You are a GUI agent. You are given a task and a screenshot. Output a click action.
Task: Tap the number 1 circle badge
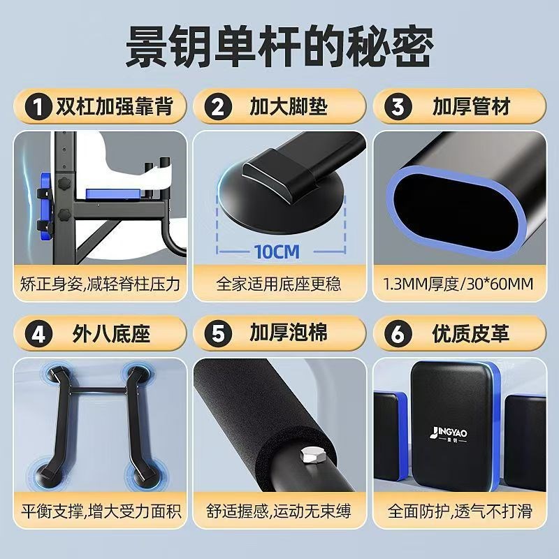point(35,108)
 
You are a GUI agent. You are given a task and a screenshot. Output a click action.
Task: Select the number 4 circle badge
point(35,334)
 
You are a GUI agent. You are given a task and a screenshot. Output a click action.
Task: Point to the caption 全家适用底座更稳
point(279,284)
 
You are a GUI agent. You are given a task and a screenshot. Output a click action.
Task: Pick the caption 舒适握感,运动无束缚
point(279,511)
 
